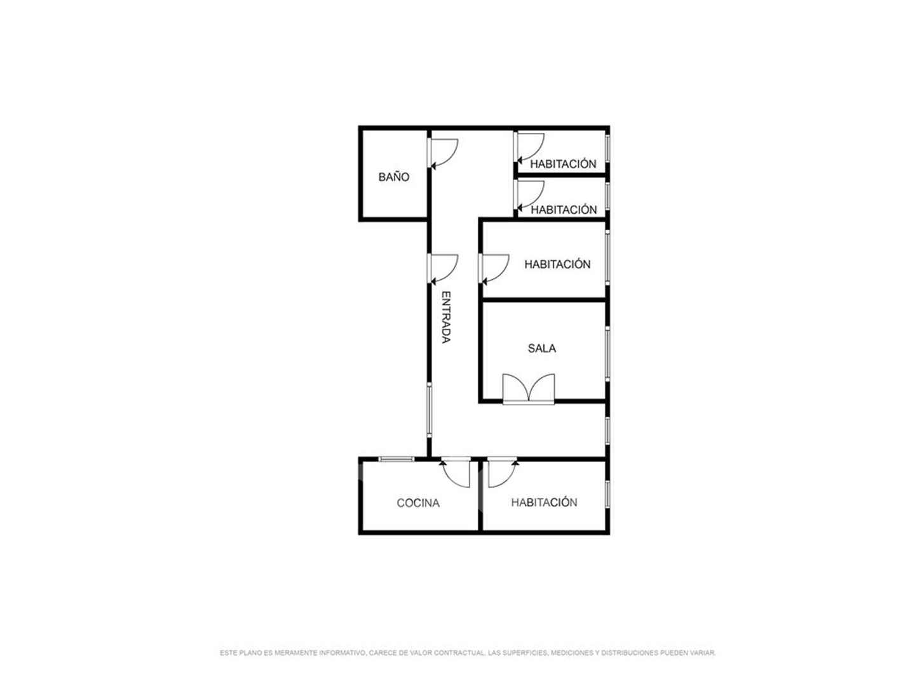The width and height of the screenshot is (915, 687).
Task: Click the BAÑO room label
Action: click(x=393, y=176)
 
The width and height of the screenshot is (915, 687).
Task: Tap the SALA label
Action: click(x=541, y=348)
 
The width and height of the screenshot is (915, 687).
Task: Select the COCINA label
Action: click(x=417, y=503)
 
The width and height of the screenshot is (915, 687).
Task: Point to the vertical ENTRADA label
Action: click(x=446, y=317)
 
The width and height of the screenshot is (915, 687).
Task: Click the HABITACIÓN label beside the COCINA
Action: click(x=544, y=503)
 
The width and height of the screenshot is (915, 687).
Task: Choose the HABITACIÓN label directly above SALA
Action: click(x=557, y=264)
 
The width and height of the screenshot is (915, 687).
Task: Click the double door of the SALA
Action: click(x=528, y=388)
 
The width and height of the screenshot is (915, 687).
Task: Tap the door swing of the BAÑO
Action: click(x=443, y=154)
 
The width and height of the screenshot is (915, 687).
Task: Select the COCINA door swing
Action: click(x=456, y=473)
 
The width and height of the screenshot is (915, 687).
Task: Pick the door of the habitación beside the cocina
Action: click(x=503, y=473)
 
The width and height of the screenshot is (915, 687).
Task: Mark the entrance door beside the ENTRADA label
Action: click(x=443, y=270)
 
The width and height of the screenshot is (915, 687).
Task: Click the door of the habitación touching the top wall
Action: click(x=529, y=148)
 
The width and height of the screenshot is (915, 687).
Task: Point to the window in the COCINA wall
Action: click(x=396, y=459)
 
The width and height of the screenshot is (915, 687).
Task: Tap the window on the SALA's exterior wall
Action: click(x=607, y=354)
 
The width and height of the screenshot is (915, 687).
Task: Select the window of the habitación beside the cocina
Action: click(x=607, y=494)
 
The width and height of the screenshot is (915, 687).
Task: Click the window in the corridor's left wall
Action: click(x=429, y=410)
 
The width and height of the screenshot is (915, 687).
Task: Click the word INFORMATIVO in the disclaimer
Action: click(x=342, y=653)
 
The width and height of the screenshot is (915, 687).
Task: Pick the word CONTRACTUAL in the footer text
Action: click(x=460, y=653)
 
